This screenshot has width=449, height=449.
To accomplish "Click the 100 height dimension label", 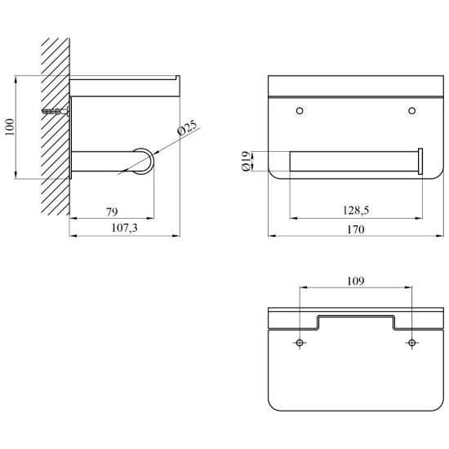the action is (x=10, y=127).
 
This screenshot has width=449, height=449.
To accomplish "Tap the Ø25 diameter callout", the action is (x=187, y=127).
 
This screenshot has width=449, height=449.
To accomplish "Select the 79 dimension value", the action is (x=112, y=212).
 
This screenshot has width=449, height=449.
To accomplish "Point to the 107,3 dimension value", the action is (x=125, y=228).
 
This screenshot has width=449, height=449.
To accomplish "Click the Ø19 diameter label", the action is (x=247, y=161).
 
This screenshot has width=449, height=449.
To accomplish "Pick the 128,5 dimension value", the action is (x=356, y=211).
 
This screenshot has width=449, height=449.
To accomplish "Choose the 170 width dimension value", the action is (x=356, y=229).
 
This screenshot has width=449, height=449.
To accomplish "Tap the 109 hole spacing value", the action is (x=356, y=281).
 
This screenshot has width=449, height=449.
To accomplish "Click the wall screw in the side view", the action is (x=56, y=111).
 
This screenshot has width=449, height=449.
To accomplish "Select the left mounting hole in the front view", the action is (x=300, y=110).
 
